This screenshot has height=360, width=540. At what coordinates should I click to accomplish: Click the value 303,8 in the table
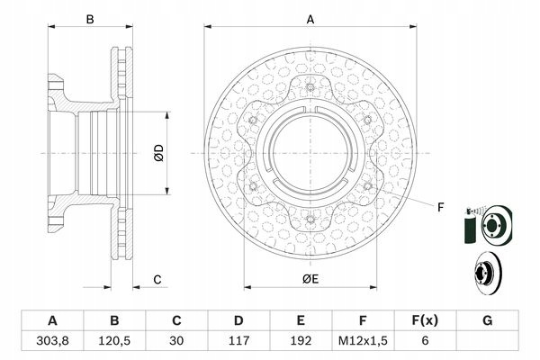click(52, 341)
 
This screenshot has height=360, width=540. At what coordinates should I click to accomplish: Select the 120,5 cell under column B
click(114, 341)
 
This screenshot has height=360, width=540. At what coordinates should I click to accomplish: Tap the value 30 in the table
click(176, 341)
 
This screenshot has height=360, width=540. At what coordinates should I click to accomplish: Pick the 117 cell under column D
click(238, 341)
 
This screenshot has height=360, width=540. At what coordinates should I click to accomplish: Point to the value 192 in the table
click(301, 341)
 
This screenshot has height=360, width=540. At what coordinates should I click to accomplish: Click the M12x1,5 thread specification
click(363, 341)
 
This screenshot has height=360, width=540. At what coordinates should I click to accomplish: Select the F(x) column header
click(425, 320)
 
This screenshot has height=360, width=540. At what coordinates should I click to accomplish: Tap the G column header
click(487, 320)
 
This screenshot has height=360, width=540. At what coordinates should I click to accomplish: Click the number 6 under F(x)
click(425, 341)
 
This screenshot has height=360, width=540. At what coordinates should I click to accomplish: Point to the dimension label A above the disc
click(310, 20)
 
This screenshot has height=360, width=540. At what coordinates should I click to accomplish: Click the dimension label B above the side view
click(90, 20)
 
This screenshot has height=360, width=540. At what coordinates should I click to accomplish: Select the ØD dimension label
click(159, 153)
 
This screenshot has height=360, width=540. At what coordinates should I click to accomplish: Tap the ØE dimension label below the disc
click(310, 279)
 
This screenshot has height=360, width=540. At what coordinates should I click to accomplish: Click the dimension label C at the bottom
click(157, 279)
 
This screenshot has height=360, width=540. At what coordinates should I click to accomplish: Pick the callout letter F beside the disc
click(440, 207)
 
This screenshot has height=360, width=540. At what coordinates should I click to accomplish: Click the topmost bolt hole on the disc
click(310, 87)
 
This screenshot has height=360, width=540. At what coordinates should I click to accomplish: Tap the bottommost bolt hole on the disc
click(310, 219)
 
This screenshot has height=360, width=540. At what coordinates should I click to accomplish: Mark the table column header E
click(301, 320)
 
